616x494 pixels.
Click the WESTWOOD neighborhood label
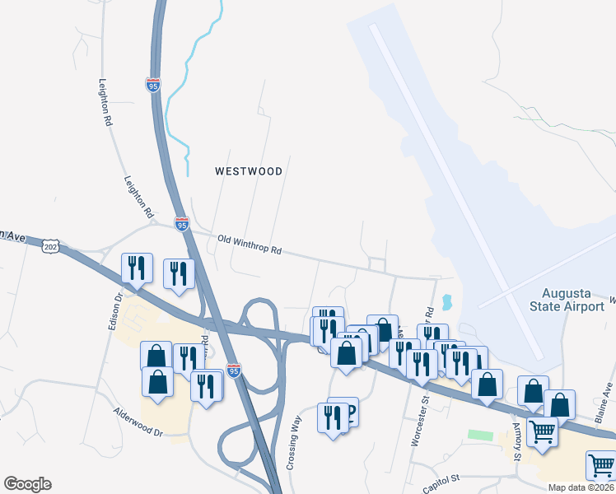point(248,171)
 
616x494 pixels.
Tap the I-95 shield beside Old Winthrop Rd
point(182,223)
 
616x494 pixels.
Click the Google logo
point(27,483)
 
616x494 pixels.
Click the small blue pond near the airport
point(447,301)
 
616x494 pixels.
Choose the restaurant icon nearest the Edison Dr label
point(137,267)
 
